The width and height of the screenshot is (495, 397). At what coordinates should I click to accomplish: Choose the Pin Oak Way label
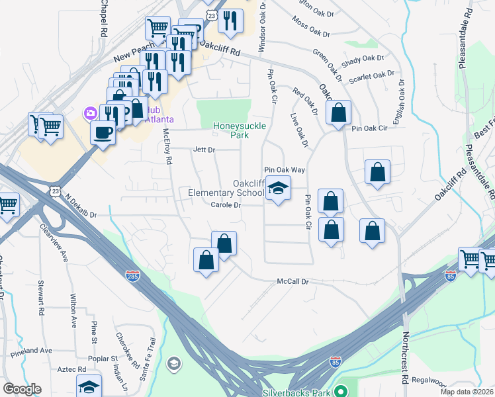pos(285,170)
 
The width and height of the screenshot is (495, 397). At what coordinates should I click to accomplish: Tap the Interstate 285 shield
pos(133,273)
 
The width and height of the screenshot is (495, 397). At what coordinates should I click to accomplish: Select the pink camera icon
pos(89,113)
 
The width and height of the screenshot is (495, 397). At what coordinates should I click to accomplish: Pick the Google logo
pos(22,389)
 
